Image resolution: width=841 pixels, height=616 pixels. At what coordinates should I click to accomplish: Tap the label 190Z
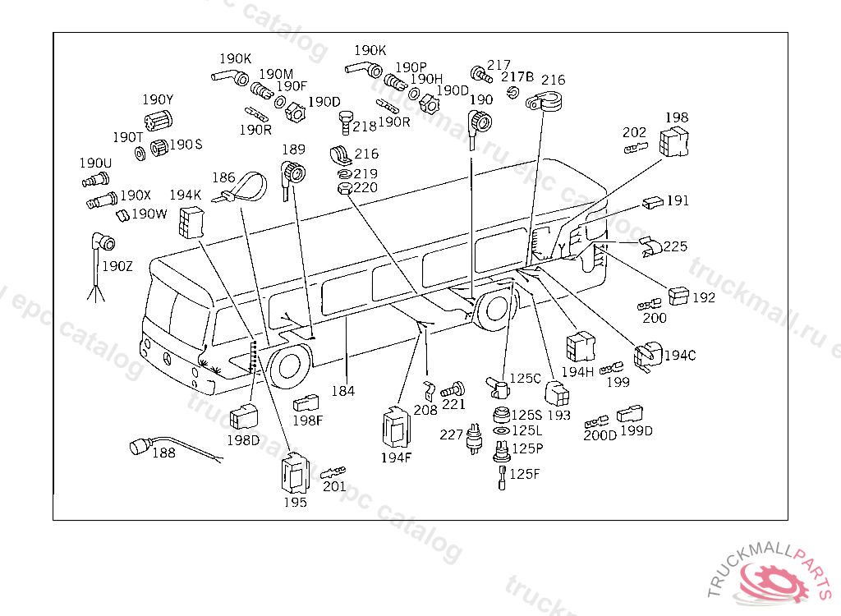point(116,266)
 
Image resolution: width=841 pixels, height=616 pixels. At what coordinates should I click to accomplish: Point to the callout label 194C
point(680,356)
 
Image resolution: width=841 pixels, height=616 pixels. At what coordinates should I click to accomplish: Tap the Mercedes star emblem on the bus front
point(169,358)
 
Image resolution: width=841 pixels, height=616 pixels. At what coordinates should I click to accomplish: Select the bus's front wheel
point(289,367)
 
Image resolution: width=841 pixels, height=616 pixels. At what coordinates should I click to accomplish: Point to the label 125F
point(525,474)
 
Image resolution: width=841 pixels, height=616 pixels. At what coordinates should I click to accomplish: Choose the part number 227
point(451,434)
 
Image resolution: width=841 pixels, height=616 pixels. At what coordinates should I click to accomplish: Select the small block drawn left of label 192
point(680,295)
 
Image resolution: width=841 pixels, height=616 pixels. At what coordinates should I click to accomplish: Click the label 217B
point(517,77)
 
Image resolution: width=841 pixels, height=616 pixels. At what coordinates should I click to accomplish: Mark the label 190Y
point(157,100)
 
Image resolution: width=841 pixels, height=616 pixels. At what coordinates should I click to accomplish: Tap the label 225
point(675,246)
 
